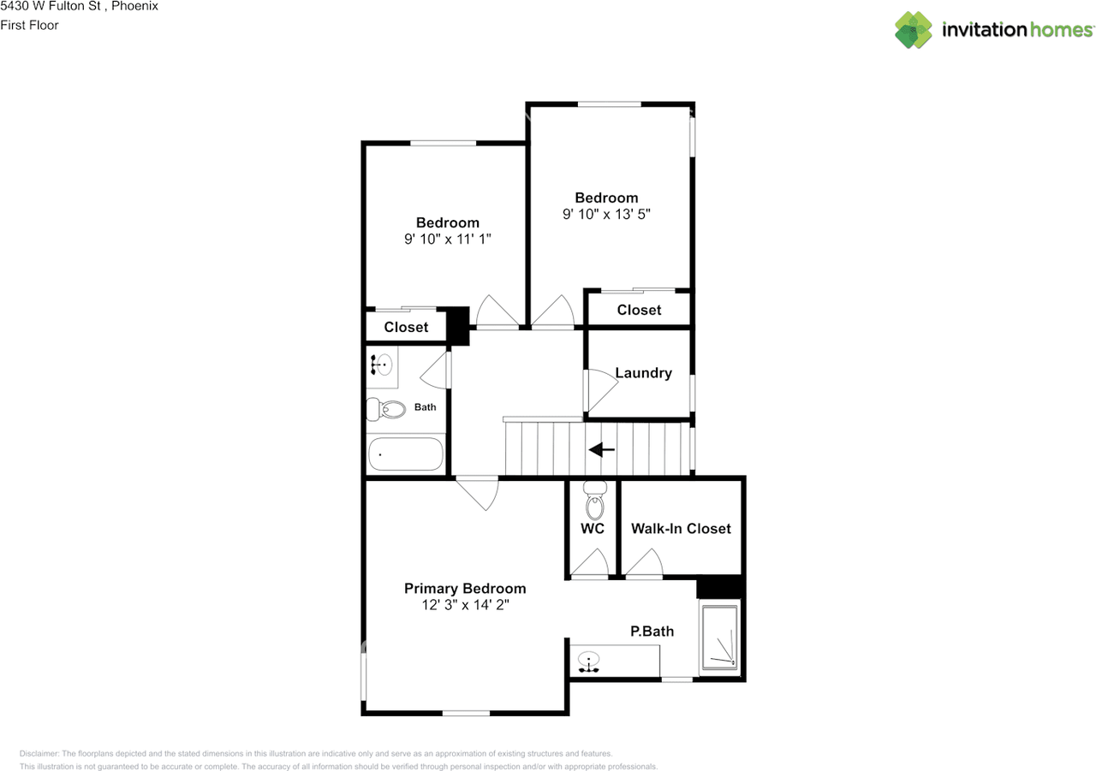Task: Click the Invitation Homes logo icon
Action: [x=914, y=30]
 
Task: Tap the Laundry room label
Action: [x=643, y=373]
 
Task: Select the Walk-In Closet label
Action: [x=681, y=529]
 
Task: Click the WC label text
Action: [x=593, y=529]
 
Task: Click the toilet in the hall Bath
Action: [x=386, y=410]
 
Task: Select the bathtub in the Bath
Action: [x=406, y=454]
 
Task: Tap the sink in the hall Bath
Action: [x=382, y=364]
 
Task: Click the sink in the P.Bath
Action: [x=589, y=660]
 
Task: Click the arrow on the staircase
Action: [x=602, y=449]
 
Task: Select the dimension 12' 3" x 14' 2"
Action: [x=465, y=605]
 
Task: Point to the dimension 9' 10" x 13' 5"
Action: [x=606, y=215]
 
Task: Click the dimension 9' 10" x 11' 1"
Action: [x=448, y=240]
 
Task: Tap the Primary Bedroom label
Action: [x=465, y=589]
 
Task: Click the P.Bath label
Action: [x=652, y=632]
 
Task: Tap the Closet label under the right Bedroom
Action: [x=639, y=310]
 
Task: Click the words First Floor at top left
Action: [x=30, y=25]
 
